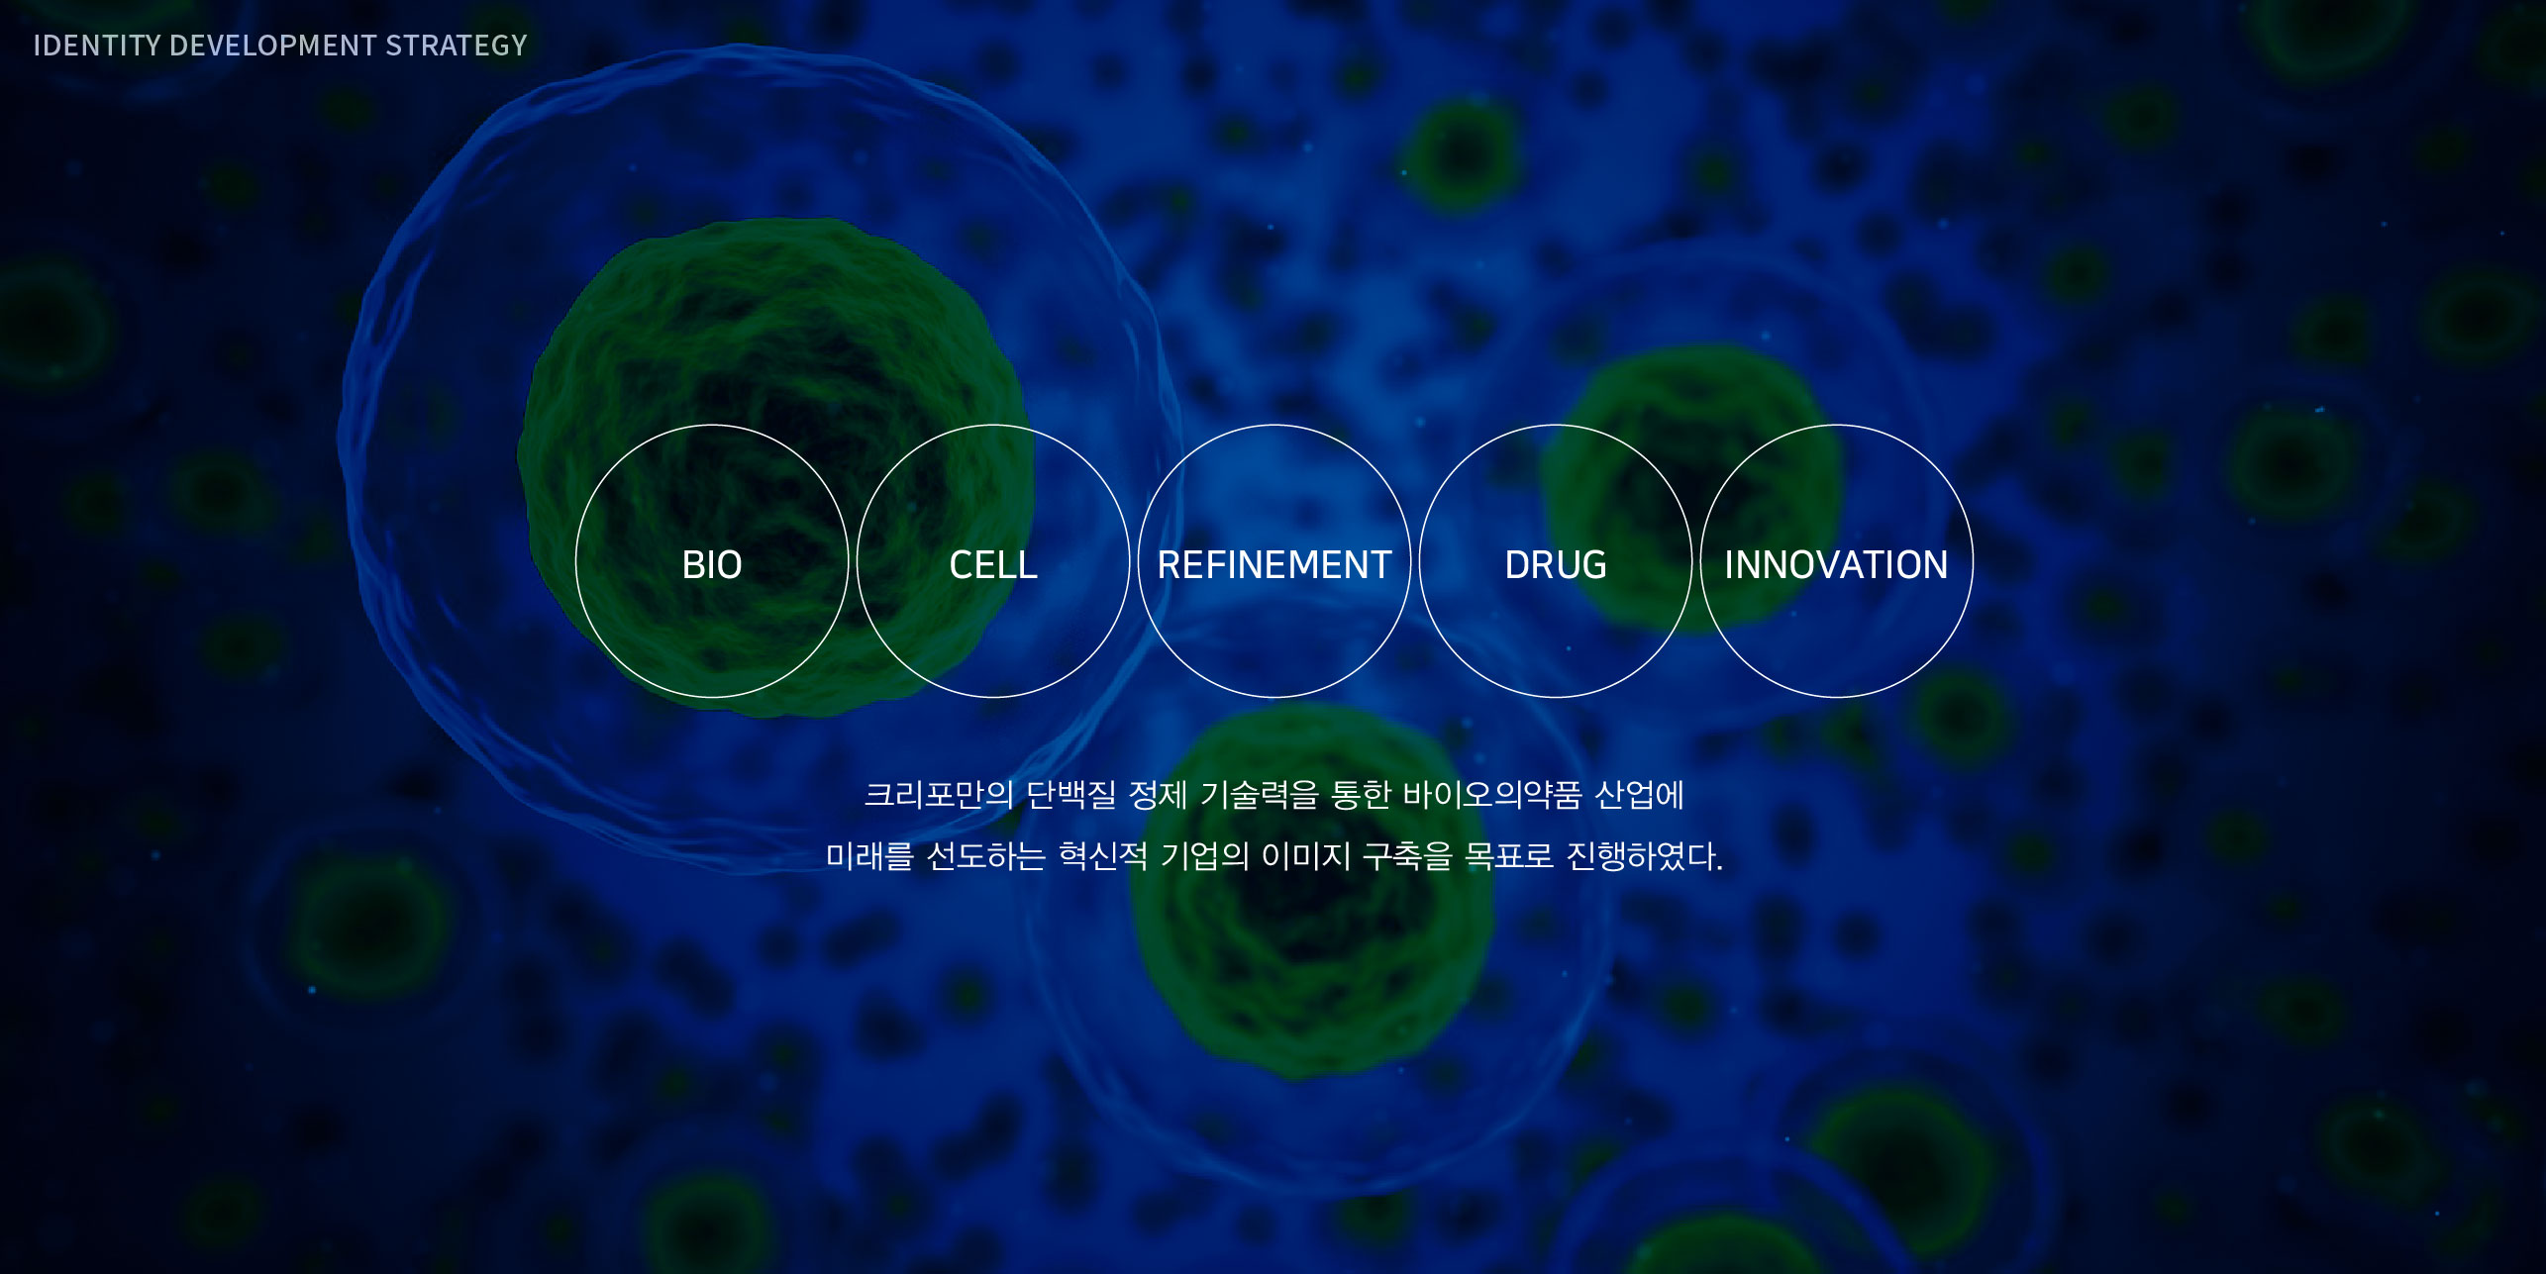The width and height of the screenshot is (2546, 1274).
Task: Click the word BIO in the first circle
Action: coord(712,564)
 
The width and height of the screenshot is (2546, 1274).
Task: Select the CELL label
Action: coord(993,564)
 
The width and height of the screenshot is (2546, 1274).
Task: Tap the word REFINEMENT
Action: coord(1274,564)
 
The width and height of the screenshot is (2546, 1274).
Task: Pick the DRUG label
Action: coord(1556,564)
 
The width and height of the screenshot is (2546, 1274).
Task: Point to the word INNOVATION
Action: coord(1836,564)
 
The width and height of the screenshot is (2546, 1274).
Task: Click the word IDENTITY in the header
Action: coord(97,46)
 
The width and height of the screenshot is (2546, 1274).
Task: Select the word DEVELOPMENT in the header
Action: coord(273,46)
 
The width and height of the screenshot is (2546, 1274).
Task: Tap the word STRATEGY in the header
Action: coord(457,46)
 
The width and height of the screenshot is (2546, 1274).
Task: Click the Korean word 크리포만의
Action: coord(939,795)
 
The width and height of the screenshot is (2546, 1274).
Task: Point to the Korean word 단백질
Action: coord(1071,795)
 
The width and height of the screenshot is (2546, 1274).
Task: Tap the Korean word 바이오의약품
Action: coord(1492,795)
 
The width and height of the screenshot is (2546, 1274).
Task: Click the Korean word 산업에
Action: coord(1640,795)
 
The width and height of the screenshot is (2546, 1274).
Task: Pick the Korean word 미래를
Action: coord(869,856)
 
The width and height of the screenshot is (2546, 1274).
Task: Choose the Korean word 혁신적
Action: coord(1103,856)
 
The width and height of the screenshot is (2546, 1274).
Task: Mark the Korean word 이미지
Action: coord(1306,856)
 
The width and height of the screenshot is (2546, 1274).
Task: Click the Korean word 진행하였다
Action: coord(1645,856)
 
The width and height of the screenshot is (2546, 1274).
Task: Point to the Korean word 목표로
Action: coord(1509,856)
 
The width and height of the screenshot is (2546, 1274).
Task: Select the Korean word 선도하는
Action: coord(986,856)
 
